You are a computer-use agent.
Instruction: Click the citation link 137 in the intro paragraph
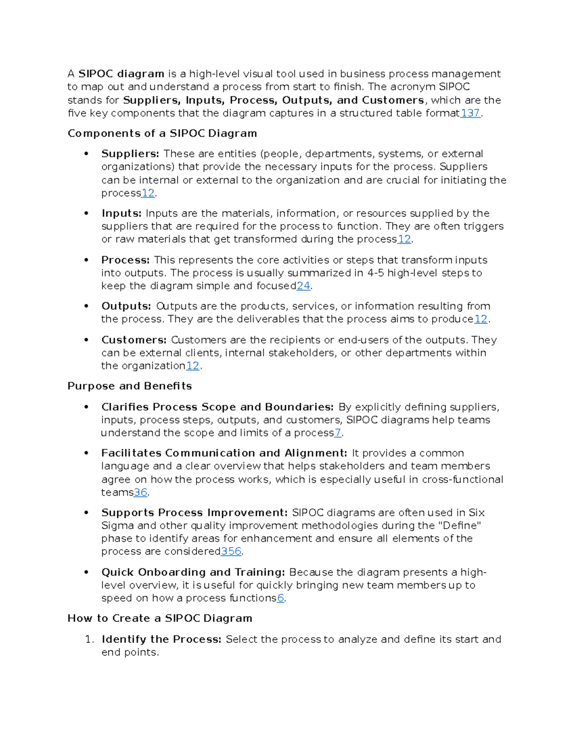tap(470, 113)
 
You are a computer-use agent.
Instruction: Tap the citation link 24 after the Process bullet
tap(303, 286)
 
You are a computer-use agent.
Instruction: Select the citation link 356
tap(231, 551)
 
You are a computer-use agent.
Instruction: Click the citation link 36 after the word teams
tap(140, 492)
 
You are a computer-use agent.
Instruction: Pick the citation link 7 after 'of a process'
tap(338, 433)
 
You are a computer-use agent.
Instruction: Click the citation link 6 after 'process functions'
tap(280, 598)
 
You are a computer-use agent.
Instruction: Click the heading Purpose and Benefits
tap(129, 386)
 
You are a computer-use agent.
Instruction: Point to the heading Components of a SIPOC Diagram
tap(162, 133)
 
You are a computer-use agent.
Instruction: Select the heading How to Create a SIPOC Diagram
tap(160, 618)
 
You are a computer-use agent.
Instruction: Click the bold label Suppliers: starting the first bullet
tap(130, 154)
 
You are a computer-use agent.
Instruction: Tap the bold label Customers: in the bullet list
tap(134, 340)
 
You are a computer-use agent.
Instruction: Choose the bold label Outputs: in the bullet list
tap(126, 306)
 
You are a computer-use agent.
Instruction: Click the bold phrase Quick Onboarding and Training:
tap(193, 572)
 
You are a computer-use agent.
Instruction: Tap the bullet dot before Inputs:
tap(86, 213)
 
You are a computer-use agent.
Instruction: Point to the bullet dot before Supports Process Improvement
tap(86, 513)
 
